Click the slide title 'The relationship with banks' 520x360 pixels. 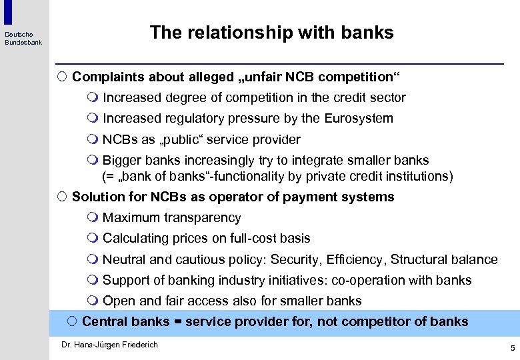(x=271, y=33)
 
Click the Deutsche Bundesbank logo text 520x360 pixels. (x=23, y=39)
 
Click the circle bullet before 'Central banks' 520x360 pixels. (x=72, y=321)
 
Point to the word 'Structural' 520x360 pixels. (x=418, y=259)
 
